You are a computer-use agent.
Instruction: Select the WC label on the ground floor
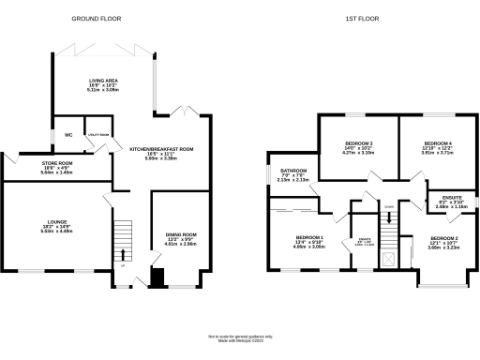68,135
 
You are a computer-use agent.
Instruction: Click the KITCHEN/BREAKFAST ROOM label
161,149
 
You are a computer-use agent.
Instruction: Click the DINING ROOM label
181,234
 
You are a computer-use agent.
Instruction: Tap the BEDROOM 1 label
310,237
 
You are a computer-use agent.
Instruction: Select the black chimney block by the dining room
157,277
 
